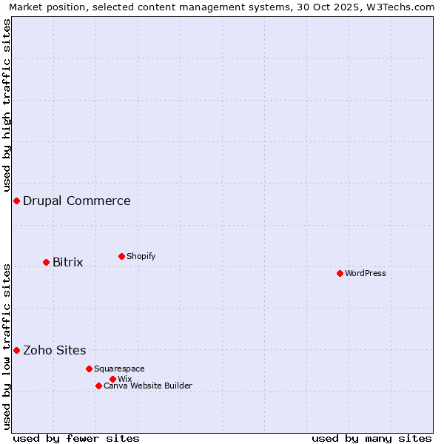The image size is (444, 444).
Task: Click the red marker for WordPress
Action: point(340,273)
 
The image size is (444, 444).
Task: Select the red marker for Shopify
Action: point(121,256)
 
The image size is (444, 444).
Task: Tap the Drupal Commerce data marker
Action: point(16,201)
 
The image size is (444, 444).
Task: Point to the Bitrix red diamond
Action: point(46,262)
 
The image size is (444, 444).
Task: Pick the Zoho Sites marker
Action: point(16,350)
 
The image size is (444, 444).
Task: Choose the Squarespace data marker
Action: point(89,369)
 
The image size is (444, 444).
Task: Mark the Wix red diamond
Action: point(112,379)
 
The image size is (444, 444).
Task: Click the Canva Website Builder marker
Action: point(98,386)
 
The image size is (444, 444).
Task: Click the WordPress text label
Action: point(366,273)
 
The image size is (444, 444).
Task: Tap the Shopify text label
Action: point(141,256)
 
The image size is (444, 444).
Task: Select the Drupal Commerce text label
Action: point(77,201)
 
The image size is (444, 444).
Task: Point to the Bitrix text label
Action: point(67,262)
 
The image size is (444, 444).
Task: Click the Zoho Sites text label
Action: point(55,350)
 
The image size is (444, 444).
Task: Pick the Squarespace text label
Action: point(119,369)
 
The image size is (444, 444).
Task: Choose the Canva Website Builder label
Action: point(148,386)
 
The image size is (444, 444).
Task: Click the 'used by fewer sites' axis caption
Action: point(76,438)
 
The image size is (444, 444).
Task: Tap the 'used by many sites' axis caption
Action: point(371,438)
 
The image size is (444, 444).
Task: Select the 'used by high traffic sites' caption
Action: point(7,103)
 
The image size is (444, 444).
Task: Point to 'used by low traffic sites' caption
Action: point(7,346)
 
